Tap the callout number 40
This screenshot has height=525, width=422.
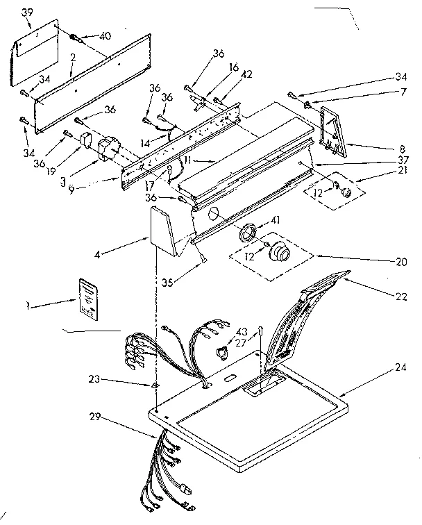point(105,36)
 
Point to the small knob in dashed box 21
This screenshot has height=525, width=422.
point(345,189)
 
